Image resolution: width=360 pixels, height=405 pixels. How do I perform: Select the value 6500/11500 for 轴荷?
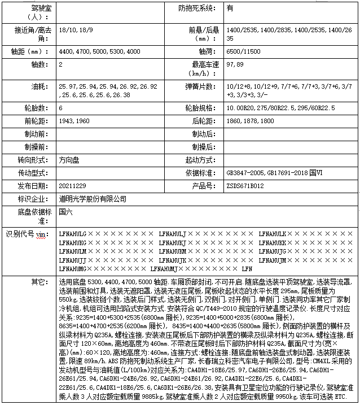click(x=243, y=51)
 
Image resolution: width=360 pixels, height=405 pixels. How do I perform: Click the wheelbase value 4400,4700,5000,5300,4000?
click(x=100, y=51)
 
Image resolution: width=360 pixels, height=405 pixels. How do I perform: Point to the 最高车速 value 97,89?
click(x=235, y=65)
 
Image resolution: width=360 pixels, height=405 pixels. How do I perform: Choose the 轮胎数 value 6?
click(x=61, y=107)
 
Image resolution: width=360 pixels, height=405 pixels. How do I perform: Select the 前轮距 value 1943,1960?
click(x=74, y=121)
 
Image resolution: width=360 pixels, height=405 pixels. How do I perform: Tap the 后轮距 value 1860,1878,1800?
click(x=250, y=121)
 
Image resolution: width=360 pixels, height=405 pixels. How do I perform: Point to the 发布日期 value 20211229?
click(x=72, y=186)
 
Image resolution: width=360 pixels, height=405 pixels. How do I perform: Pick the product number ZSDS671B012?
click(x=245, y=186)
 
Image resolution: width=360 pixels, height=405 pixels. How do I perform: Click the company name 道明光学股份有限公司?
click(x=93, y=199)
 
